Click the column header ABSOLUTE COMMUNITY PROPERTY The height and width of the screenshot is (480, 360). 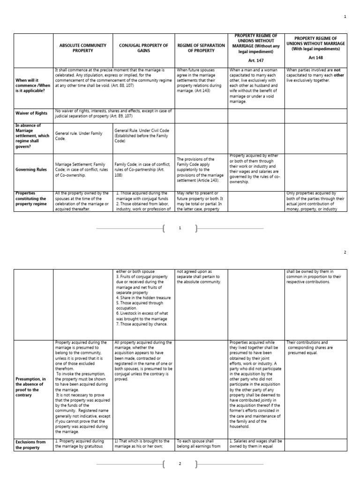click(x=82, y=48)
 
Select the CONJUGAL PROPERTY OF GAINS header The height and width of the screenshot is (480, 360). click(x=143, y=48)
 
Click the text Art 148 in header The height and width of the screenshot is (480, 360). click(x=316, y=58)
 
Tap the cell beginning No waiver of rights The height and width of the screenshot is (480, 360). click(x=112, y=113)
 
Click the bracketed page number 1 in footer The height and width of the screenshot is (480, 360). click(x=180, y=228)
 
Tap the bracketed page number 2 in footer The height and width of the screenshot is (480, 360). click(x=180, y=464)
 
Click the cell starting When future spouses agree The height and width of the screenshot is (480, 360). click(x=201, y=80)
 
